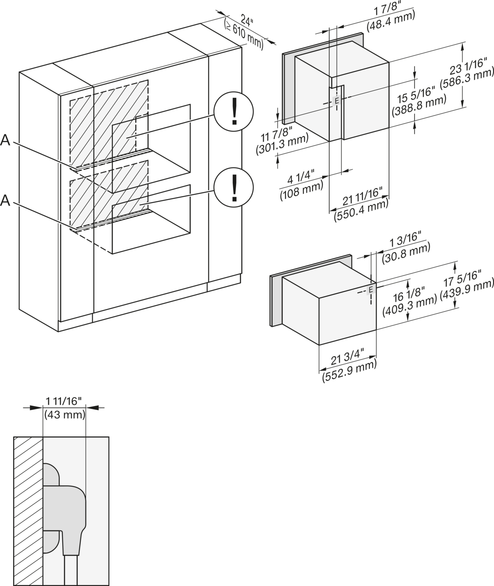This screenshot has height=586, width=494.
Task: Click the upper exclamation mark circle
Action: (x=234, y=112)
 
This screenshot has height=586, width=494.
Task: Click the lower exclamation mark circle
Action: (x=234, y=188)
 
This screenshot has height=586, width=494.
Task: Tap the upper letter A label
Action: (x=5, y=141)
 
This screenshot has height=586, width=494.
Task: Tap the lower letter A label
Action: (x=5, y=200)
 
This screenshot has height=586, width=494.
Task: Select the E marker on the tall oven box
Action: (x=336, y=101)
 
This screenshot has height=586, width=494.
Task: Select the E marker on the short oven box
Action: (x=370, y=290)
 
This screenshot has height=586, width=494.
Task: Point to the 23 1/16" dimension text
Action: (x=473, y=66)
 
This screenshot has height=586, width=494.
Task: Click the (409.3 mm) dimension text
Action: (x=413, y=306)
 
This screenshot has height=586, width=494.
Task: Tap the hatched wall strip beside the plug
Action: (x=28, y=511)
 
